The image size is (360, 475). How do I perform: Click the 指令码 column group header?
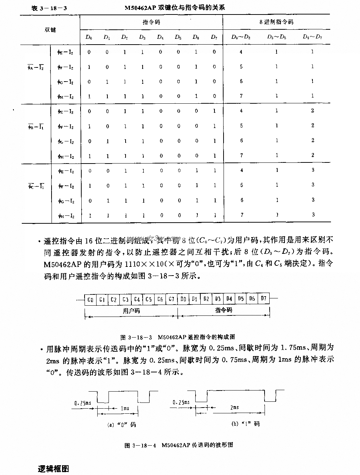pos(151,22)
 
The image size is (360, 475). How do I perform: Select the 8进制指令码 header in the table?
pos(277,22)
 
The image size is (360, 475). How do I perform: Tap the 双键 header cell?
pos(50,29)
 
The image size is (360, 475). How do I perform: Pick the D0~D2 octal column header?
pos(241,37)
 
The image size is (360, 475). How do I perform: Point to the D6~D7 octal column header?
pos(312,37)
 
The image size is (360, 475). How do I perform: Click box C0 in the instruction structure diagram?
pos(90,300)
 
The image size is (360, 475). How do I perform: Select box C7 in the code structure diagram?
pos(172,300)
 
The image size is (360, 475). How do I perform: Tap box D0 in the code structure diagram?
pos(183,299)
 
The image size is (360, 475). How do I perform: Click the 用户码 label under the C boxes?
pos(131,311)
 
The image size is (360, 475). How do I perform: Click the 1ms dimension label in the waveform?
pos(124,408)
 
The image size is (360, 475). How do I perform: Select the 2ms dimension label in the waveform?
pos(234,408)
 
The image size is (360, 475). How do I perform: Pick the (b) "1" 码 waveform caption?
pos(246,424)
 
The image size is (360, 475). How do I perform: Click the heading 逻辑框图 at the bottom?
pos(53,468)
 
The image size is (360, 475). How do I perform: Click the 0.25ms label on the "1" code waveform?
pos(181,402)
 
